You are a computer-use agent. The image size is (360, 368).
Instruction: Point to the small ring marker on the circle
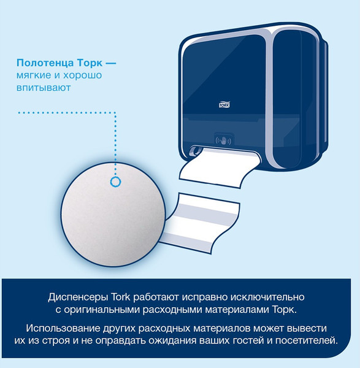[114, 182]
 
